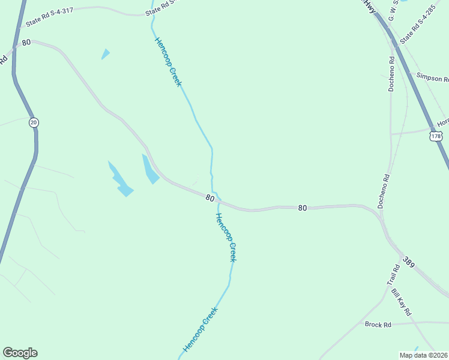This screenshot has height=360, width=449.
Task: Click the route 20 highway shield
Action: tap(34, 122)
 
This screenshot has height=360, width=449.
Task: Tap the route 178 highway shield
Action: tap(436, 136)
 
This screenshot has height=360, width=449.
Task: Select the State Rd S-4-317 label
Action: tap(51, 16)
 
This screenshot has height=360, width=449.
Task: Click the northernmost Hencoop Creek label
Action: tap(168, 62)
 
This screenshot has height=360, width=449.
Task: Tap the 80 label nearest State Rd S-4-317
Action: tap(26, 43)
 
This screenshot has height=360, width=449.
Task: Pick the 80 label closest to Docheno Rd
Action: tap(302, 208)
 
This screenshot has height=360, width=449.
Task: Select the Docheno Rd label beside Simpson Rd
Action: tap(391, 73)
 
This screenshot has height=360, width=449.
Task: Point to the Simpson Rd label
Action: tap(432, 79)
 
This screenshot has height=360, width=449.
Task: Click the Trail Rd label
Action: tap(393, 275)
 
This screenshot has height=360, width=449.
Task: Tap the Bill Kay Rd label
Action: tap(401, 302)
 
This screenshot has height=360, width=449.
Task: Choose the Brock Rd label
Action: tap(378, 325)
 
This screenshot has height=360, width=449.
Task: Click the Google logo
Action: tap(20, 353)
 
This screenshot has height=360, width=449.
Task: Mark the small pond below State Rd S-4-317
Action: tap(106, 54)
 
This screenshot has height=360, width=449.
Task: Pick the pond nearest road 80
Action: tap(149, 169)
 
